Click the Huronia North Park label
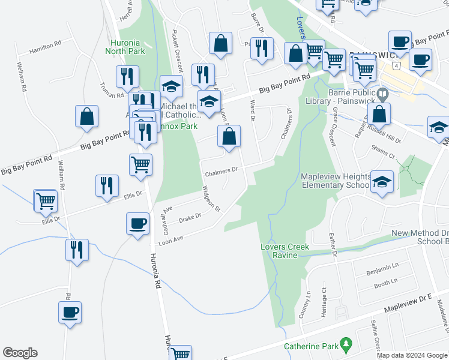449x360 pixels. coord(127,47)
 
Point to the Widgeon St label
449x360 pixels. coord(212,200)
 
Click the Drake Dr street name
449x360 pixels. coord(190,217)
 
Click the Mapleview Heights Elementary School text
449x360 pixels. coord(334,181)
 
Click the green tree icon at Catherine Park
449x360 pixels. coord(345,344)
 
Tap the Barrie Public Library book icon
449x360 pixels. coord(382,94)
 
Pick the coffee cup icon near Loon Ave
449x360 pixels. coord(137,223)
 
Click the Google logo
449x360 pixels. coord(20,353)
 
